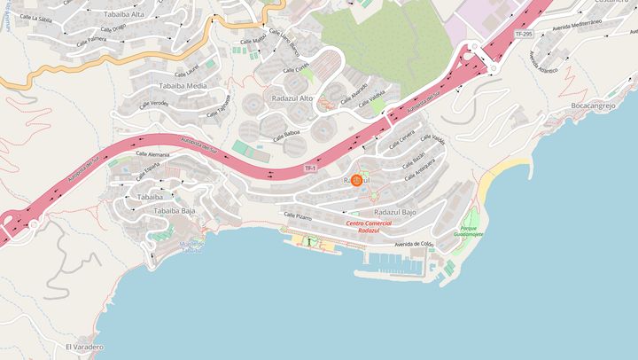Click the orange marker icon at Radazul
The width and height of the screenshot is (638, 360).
[357, 180]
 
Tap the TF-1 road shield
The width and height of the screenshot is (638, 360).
[310, 168]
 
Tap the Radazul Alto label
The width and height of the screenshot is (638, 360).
[292, 98]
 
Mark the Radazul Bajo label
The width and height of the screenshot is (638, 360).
[395, 213]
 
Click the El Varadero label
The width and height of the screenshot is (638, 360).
[84, 347]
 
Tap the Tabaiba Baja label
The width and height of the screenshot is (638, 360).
[175, 211]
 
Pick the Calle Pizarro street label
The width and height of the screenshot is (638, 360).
[298, 215]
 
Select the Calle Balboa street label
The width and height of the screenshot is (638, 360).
[287, 137]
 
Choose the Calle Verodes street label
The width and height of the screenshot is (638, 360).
[153, 103]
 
